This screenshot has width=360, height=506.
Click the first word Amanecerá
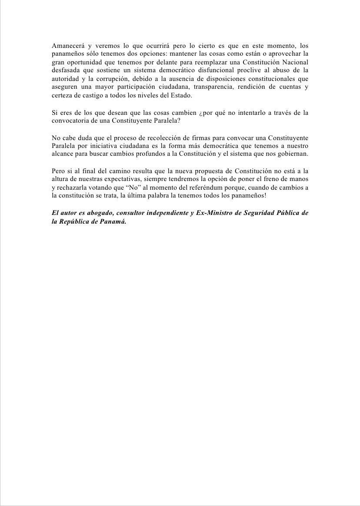(67, 46)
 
